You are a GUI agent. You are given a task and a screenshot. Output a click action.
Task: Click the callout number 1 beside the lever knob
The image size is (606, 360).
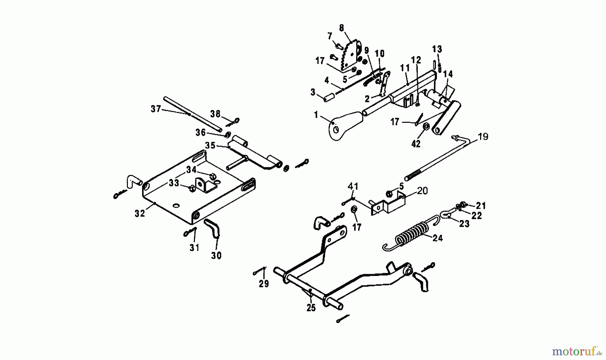point(316,115)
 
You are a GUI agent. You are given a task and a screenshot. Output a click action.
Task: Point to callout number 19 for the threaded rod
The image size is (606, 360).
point(482,137)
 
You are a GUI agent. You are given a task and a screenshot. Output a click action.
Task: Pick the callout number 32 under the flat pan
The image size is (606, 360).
point(140,213)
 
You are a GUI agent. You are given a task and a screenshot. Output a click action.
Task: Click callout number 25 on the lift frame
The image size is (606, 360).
point(311,308)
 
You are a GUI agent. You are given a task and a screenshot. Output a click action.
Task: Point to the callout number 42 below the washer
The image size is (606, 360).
point(416,144)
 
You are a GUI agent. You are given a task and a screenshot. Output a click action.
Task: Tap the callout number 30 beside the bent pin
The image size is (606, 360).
point(216,256)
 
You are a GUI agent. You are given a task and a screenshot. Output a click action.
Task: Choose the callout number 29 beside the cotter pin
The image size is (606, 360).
point(264,284)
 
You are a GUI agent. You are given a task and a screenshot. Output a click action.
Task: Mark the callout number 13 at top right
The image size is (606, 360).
point(437,49)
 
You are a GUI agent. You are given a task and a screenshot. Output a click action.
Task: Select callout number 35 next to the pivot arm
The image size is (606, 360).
point(210,145)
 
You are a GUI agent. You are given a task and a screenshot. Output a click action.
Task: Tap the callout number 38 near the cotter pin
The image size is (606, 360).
point(215,114)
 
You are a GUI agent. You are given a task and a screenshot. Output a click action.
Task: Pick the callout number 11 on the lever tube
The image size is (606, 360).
point(405,68)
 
